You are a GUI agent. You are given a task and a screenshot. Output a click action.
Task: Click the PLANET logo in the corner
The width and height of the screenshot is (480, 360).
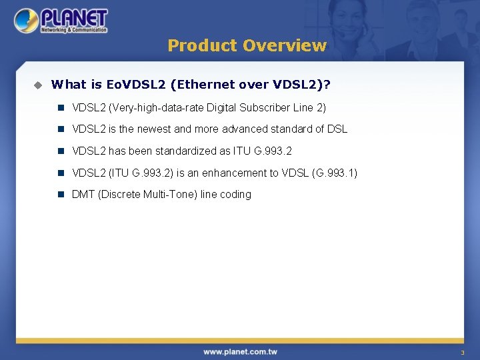[61, 20]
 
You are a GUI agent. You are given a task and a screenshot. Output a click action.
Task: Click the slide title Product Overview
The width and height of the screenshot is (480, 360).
[247, 45]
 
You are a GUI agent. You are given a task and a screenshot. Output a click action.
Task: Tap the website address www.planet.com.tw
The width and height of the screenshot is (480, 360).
[240, 351]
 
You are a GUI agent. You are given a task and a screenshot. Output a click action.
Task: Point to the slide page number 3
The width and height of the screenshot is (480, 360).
[461, 352]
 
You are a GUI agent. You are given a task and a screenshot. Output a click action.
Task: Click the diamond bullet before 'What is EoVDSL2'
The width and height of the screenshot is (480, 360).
[38, 85]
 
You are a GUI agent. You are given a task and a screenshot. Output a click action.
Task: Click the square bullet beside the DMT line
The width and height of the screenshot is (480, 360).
[60, 195]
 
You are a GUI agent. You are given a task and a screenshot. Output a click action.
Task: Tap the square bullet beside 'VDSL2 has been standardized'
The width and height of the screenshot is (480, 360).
[60, 151]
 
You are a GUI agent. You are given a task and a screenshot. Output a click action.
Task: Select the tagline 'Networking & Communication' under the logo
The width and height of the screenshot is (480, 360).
[73, 30]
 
